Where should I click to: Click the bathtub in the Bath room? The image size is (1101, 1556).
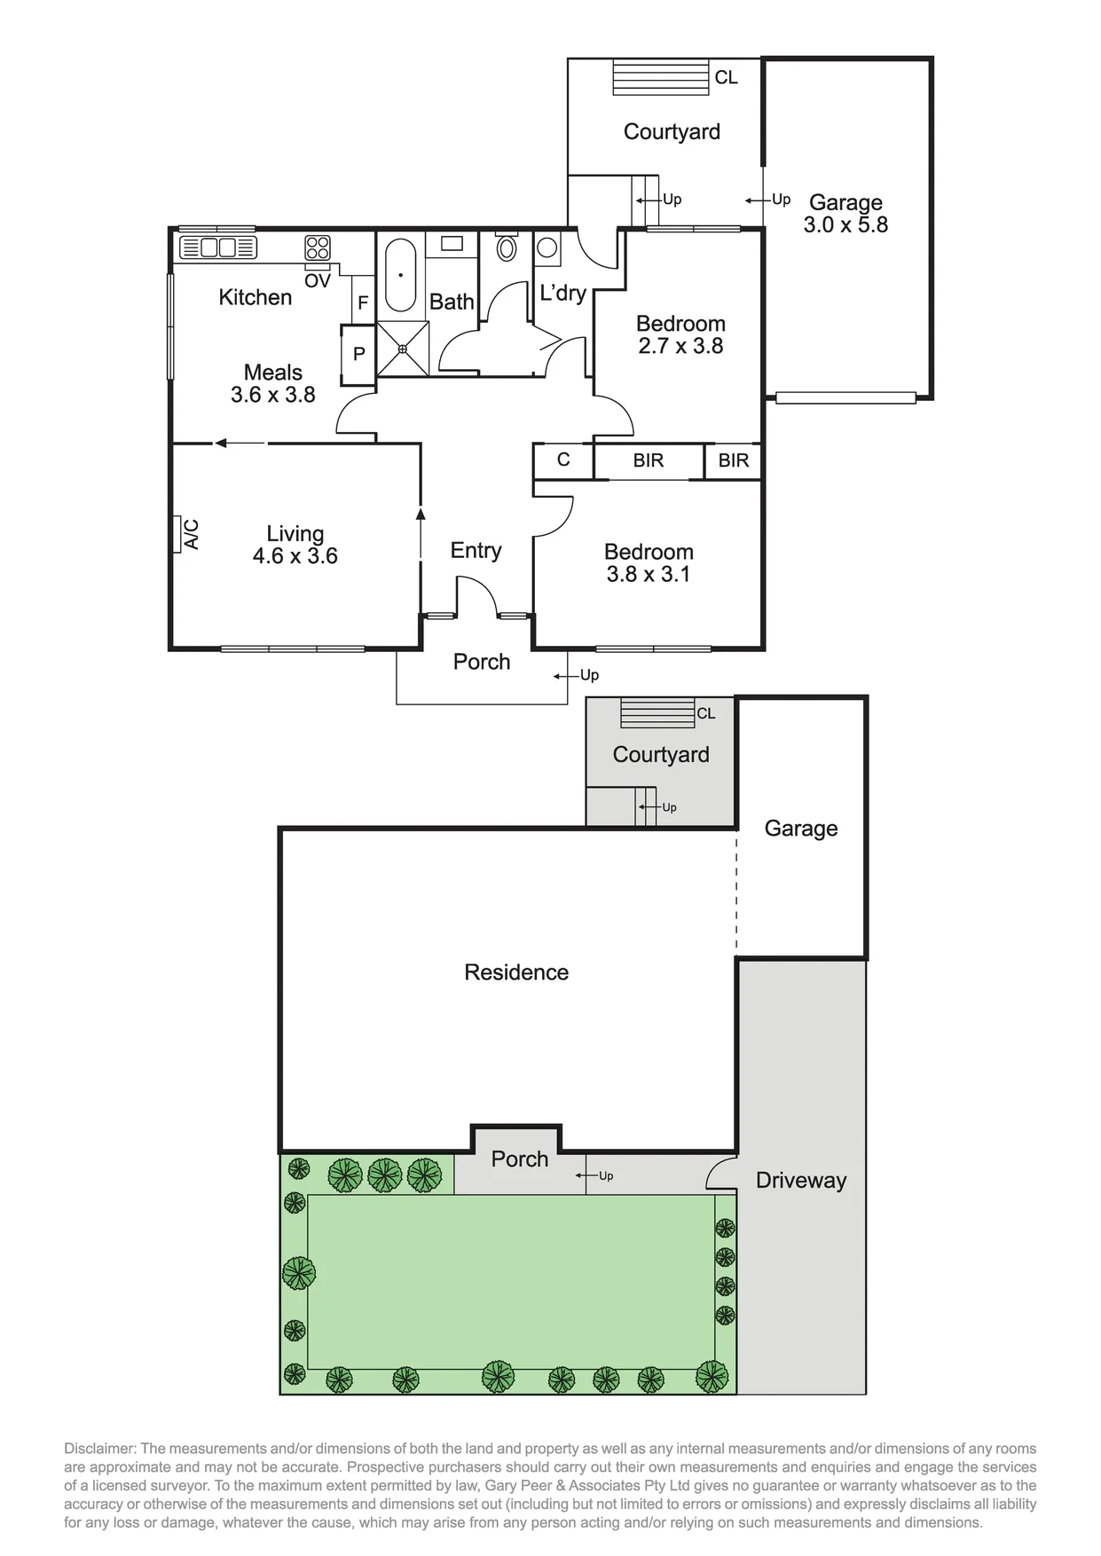[400, 275]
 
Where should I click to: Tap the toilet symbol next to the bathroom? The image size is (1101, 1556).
[507, 246]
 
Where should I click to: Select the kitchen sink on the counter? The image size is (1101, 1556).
[218, 248]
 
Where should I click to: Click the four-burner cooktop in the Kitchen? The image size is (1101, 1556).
[318, 247]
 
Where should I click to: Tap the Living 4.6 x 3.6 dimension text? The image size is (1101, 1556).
[295, 556]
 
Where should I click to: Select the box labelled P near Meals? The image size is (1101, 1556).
[358, 354]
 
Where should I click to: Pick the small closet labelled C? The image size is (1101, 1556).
[563, 460]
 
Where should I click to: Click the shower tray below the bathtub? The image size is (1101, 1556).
[403, 349]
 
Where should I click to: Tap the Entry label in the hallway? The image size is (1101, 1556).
[476, 551]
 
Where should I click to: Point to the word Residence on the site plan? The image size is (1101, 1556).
[516, 972]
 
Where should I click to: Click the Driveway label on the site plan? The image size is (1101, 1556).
[801, 1181]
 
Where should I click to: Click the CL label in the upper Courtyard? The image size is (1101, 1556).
[727, 78]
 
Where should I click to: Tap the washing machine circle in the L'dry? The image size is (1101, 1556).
[547, 247]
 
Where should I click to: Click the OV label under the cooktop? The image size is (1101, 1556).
[318, 281]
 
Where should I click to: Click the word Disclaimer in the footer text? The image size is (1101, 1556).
[97, 1449]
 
